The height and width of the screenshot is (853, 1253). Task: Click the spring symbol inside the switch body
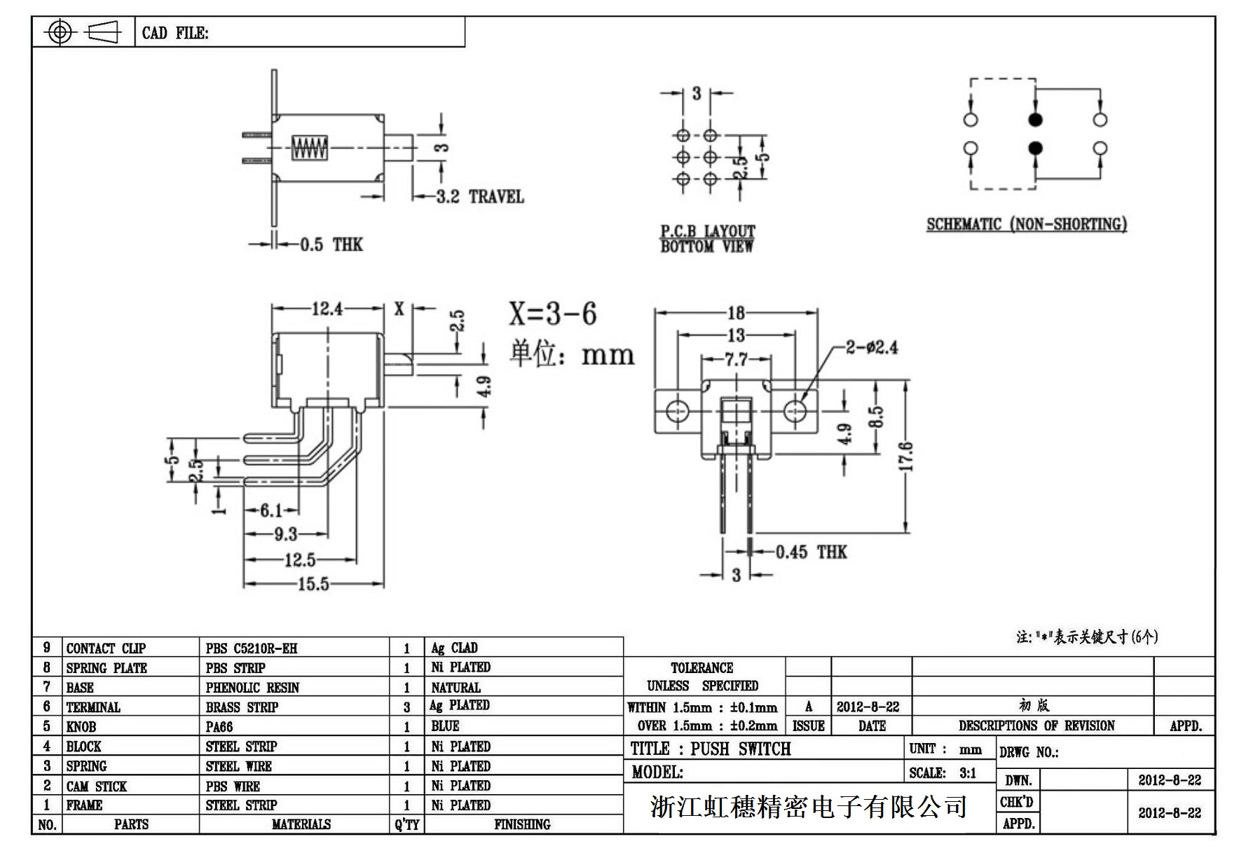[x=309, y=148]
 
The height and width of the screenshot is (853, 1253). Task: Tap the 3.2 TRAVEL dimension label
[x=479, y=197]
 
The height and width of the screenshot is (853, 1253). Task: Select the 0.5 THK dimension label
[x=331, y=244]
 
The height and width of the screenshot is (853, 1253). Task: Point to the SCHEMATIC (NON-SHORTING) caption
[x=1027, y=225]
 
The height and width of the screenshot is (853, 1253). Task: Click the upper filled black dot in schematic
[x=1035, y=120]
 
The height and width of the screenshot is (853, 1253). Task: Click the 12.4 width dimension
[x=327, y=308]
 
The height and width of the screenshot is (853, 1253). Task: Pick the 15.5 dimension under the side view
[x=313, y=584]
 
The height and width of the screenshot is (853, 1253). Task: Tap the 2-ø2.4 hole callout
[x=871, y=347]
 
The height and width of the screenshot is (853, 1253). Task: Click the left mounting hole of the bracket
[x=677, y=410]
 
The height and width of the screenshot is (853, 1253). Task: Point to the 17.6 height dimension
[x=905, y=456]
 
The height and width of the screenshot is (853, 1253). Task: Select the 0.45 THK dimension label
[x=812, y=553]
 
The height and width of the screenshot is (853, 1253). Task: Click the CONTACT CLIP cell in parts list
[x=106, y=649]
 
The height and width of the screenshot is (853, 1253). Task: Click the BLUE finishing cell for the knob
[x=445, y=726]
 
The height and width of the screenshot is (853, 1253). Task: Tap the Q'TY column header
[x=406, y=825]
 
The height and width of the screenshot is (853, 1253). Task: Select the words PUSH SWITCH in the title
[x=740, y=749]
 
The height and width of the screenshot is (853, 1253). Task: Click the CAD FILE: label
[x=175, y=33]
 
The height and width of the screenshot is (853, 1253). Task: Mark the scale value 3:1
[x=968, y=773]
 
